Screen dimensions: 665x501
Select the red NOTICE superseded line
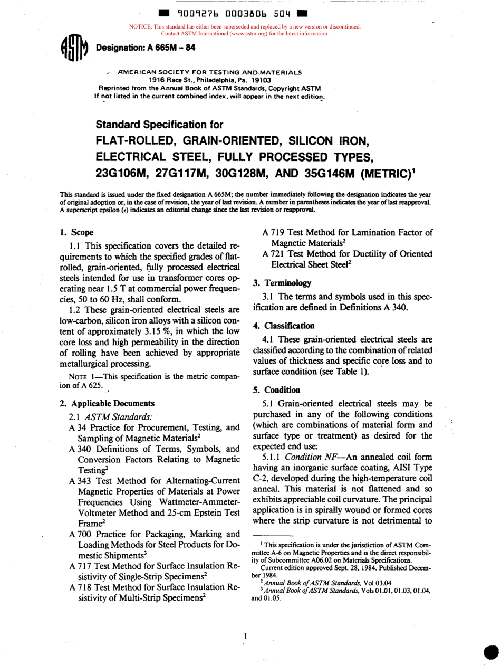coord(245,26)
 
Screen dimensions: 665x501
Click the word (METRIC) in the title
coord(370,173)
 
